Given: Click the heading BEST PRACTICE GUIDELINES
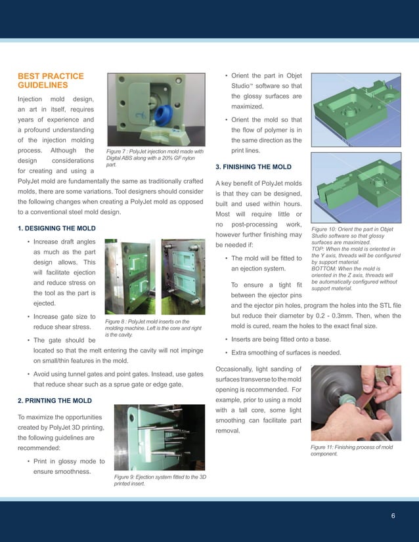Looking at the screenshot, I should click(51, 81).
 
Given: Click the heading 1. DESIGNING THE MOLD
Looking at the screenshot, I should click(56, 228).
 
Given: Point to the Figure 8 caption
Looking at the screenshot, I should click(153, 327).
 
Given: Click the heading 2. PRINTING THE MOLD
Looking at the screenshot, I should click(55, 400).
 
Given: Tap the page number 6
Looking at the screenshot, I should click(393, 516).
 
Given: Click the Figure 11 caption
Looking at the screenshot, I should click(351, 450).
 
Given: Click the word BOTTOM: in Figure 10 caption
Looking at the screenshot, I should click(326, 268).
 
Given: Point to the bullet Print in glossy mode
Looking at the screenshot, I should click(64, 465).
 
